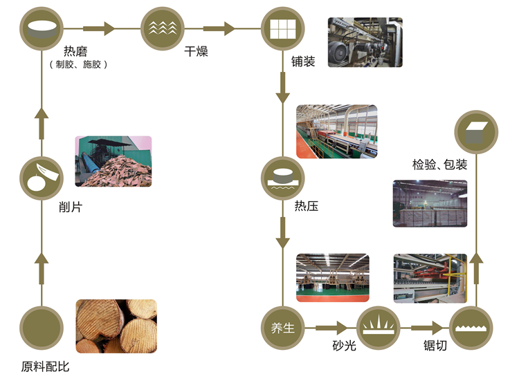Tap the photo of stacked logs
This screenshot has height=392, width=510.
point(116,326)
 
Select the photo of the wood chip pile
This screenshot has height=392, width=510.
point(113,160)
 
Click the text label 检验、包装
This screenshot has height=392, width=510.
point(440,165)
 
